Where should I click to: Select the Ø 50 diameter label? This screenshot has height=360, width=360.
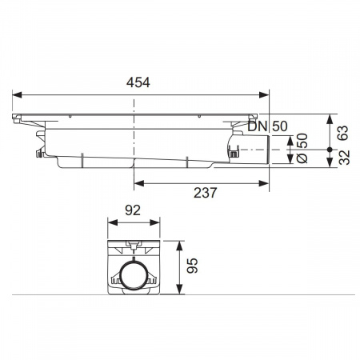point(301,149)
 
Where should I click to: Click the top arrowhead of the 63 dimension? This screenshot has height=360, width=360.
point(329,117)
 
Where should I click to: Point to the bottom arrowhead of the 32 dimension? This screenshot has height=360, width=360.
point(329,166)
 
